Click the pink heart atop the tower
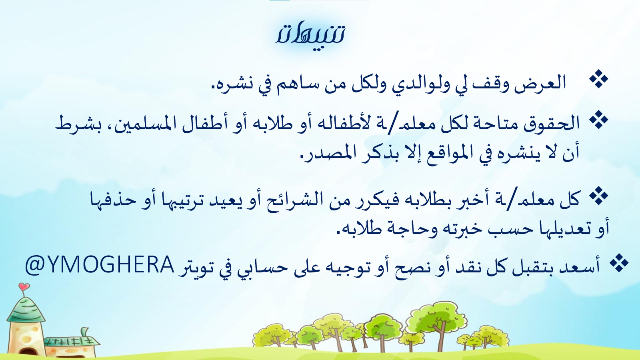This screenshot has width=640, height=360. tap(24, 286)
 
